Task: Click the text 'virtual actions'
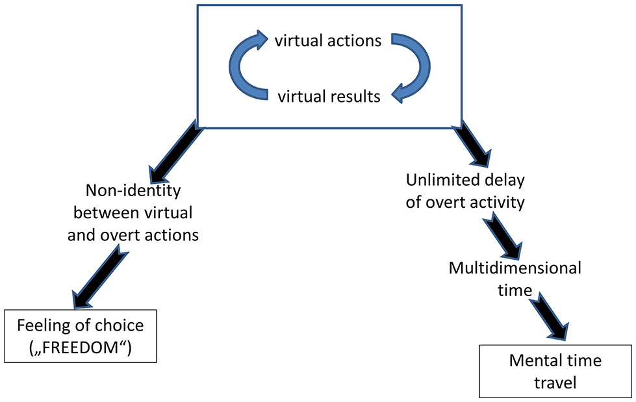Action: (x=327, y=42)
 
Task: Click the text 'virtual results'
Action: (x=329, y=97)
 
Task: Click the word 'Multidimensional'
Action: (x=515, y=268)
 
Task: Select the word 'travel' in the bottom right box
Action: (x=555, y=383)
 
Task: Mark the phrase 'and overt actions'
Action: (x=133, y=234)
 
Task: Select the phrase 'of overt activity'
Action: (x=465, y=201)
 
